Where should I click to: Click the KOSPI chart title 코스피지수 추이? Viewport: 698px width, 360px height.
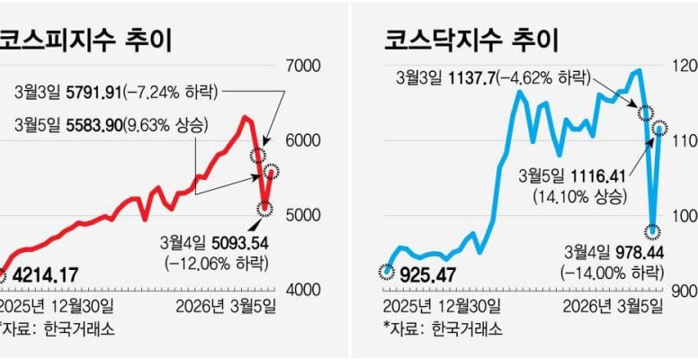85,40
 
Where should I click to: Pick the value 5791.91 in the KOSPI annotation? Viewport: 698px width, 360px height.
102,91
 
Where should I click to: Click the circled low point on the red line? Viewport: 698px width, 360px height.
264,209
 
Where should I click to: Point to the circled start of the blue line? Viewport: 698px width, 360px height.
387,269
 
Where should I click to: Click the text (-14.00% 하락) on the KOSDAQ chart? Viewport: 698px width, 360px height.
611,272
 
